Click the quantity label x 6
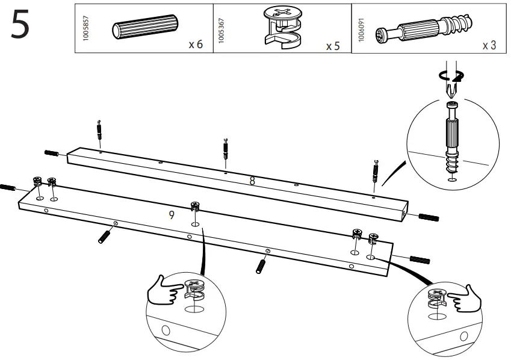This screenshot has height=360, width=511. tap(195, 46)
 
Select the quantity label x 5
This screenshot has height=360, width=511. tap(333, 46)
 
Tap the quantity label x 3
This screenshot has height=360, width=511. tap(489, 46)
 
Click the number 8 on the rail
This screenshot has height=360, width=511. tap(252, 180)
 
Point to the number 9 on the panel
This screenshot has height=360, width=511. tap(172, 214)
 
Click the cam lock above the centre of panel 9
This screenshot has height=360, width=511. tap(195, 207)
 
